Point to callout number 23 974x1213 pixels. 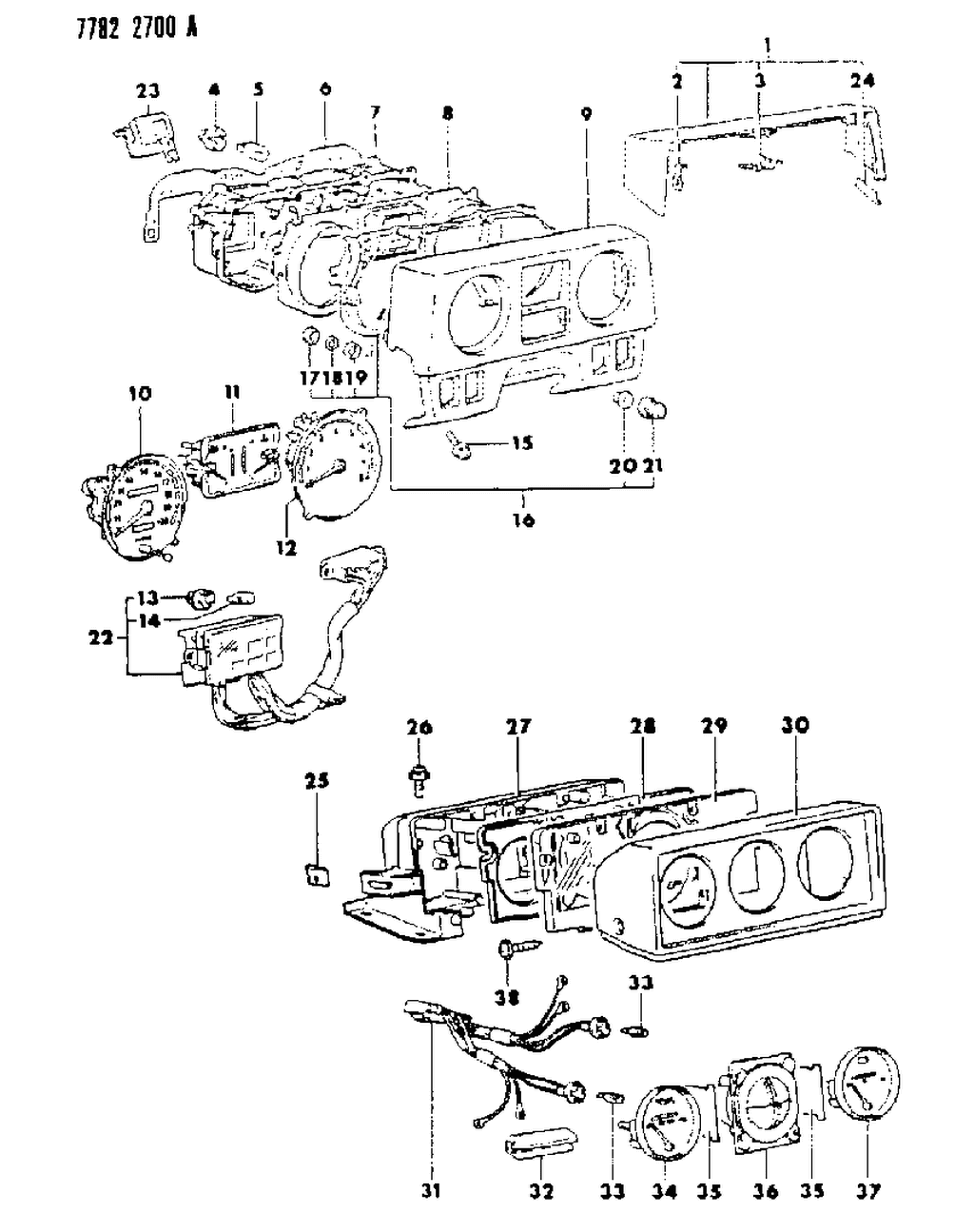pyautogui.click(x=147, y=91)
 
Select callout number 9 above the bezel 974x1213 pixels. pyautogui.click(x=586, y=115)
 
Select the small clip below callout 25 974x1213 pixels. pyautogui.click(x=315, y=874)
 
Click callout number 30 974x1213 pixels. pyautogui.click(x=795, y=725)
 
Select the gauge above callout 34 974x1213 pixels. pyautogui.click(x=667, y=1123)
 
